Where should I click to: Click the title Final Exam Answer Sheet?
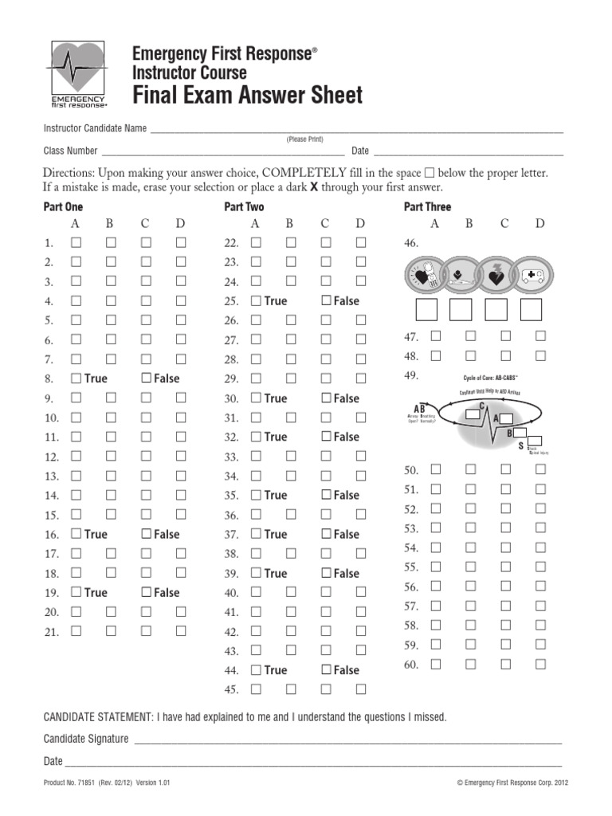click(247, 95)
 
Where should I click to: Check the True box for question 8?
click(76, 379)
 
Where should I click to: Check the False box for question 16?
click(146, 534)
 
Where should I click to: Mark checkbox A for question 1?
click(76, 242)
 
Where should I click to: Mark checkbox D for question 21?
click(181, 631)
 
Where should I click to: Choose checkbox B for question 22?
click(291, 242)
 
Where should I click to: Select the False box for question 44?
click(326, 670)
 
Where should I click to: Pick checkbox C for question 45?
click(326, 689)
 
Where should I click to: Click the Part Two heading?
click(244, 207)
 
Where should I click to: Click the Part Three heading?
click(427, 207)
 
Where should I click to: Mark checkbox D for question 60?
click(540, 664)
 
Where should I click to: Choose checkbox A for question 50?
click(435, 469)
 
